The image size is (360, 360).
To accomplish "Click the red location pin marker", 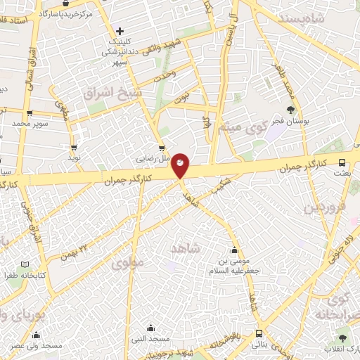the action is [181, 165].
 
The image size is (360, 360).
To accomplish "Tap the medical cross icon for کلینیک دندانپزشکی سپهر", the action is [120, 31].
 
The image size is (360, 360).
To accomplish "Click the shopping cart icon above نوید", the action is [74, 148].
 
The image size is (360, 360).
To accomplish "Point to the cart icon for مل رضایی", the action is [162, 148].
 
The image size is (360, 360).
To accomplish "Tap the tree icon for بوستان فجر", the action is [291, 109].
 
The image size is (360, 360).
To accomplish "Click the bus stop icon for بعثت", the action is [342, 160].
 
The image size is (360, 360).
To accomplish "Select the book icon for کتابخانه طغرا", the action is [26, 264].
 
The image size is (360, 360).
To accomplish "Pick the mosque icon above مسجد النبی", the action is [150, 328].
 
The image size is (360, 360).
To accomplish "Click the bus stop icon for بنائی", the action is [259, 334].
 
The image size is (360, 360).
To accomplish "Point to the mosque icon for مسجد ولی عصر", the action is [37, 335].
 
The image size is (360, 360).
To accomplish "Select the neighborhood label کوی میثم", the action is [250, 127].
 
